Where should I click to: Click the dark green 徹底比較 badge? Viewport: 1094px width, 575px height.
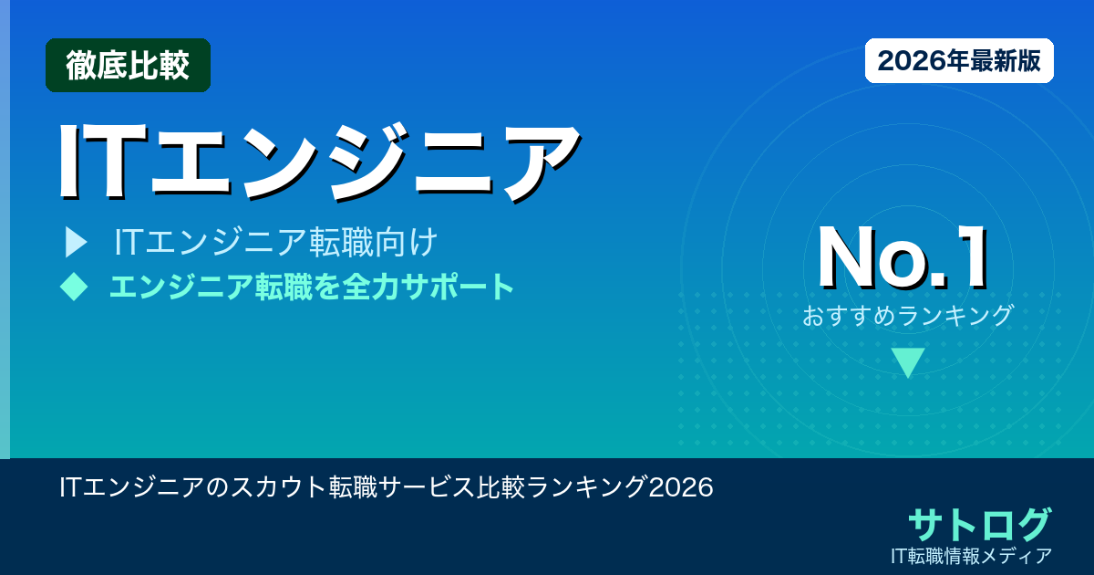[128, 66]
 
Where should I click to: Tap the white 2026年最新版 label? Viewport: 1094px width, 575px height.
[959, 60]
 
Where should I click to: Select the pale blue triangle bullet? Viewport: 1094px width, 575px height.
[75, 243]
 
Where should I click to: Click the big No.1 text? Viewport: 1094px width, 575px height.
[903, 258]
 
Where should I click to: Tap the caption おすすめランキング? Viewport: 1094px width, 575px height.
[908, 316]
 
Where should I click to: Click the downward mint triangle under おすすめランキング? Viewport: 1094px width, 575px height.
[908, 361]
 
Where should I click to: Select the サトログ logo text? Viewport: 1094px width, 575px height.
[979, 524]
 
